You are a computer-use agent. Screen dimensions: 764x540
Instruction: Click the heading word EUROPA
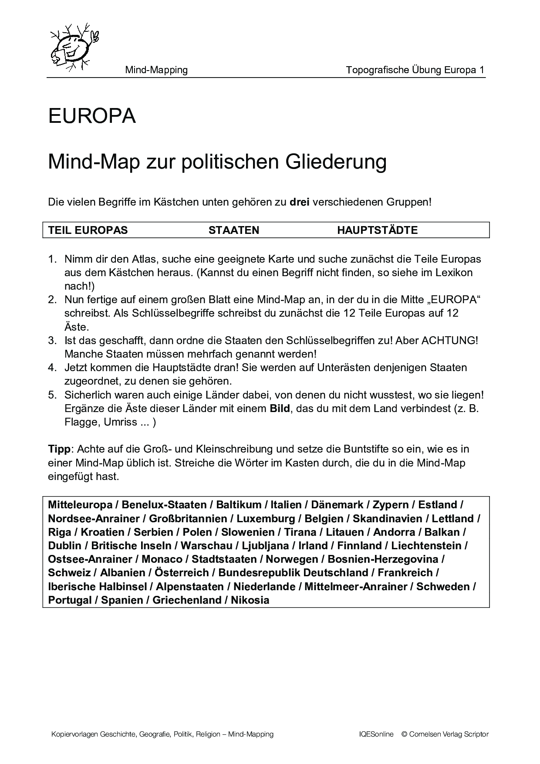point(92,116)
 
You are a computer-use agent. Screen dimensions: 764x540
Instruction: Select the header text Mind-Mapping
point(156,70)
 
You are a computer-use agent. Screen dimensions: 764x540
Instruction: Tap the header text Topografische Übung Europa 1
point(415,70)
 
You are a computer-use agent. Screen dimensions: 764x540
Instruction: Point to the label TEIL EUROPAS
point(88,230)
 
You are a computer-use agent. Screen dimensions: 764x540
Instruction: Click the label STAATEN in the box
point(234,230)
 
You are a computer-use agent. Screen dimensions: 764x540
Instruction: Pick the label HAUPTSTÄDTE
point(377,230)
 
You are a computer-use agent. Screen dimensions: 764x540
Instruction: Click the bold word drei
point(299,202)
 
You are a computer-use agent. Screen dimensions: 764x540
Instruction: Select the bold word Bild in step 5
point(280,409)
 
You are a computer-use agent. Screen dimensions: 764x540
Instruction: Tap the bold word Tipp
point(58,449)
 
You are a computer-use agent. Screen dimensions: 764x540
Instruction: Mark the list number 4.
point(52,368)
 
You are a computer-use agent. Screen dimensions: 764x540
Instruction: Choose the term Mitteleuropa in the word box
point(80,505)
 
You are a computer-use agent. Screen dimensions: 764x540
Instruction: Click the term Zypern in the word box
point(391,505)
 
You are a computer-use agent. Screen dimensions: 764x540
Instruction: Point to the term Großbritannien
point(188,519)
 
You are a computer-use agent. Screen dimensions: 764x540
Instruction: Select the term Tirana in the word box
point(300,532)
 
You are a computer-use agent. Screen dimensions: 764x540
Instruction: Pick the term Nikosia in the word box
point(250,600)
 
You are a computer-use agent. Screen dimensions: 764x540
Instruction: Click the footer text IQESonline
point(373,734)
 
